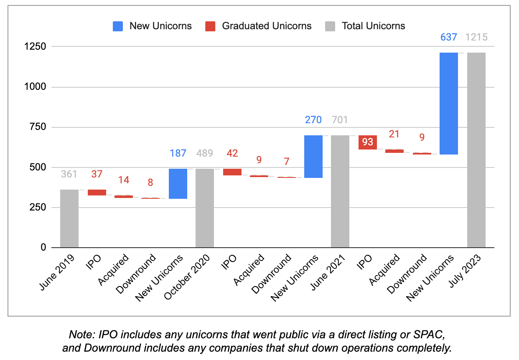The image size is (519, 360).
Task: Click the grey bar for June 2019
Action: tap(69, 218)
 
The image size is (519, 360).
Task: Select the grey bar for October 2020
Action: tap(205, 208)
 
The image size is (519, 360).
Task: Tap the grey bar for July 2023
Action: tap(476, 150)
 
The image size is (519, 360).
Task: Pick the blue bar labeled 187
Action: tap(178, 184)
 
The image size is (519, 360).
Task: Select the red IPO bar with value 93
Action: tap(368, 142)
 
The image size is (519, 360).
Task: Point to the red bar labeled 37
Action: tap(97, 192)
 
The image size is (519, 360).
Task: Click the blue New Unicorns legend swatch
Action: tap(118, 26)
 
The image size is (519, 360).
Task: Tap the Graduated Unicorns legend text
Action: tap(267, 26)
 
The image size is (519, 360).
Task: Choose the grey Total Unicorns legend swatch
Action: tap(330, 26)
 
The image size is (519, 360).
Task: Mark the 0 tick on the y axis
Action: tap(43, 248)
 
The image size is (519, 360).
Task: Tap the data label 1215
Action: tap(476, 37)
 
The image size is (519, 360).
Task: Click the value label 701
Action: tap(340, 120)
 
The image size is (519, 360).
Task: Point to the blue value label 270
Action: tap(313, 120)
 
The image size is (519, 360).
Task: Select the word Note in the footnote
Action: tap(79, 335)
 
